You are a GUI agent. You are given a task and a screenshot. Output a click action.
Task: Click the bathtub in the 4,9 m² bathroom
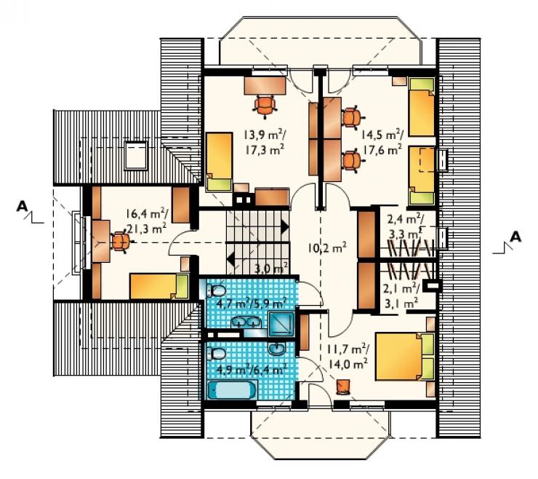(233, 390)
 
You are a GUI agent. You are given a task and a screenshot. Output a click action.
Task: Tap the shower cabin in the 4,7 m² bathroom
(281, 324)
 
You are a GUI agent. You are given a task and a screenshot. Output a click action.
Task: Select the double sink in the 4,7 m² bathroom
(246, 322)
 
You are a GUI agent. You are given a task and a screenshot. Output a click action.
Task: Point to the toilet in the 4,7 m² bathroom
(215, 291)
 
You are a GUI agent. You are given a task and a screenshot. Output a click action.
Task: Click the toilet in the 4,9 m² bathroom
(215, 354)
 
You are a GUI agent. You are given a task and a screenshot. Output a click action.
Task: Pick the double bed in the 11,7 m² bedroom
(405, 356)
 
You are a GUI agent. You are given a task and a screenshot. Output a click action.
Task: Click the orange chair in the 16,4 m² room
(121, 242)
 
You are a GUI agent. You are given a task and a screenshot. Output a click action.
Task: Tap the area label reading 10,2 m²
(326, 248)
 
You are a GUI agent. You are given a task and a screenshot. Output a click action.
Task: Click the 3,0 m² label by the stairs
(270, 268)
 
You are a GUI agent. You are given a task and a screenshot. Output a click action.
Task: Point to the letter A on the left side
(22, 206)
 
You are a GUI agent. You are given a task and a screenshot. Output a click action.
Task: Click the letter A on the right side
(515, 237)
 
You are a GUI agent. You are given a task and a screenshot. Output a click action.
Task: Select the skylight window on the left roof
(136, 155)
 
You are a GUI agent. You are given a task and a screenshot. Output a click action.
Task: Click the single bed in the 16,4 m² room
(159, 286)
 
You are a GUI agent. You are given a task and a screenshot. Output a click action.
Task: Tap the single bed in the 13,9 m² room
(219, 162)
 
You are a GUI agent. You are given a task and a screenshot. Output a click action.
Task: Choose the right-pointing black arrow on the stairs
(284, 227)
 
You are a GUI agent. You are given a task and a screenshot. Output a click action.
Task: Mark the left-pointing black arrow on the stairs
(230, 258)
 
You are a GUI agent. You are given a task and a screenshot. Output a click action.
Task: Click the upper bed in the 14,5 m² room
(422, 107)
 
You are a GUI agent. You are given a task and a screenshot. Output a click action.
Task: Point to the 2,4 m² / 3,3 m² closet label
(405, 227)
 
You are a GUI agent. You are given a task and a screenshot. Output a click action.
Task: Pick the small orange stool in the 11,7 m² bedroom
(343, 387)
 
